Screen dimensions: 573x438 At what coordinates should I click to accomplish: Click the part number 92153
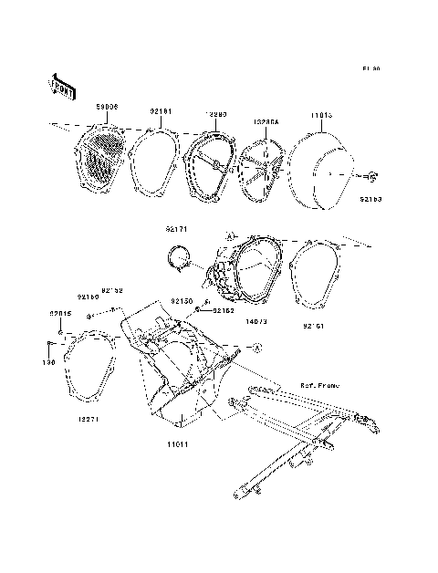[370, 198]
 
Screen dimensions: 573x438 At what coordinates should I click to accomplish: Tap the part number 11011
[178, 443]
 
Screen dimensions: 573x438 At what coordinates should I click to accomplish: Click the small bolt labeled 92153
[374, 175]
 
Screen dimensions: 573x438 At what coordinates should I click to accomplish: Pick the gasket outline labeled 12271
[87, 370]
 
